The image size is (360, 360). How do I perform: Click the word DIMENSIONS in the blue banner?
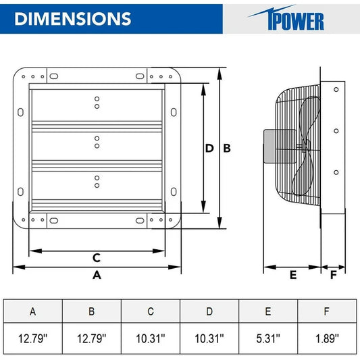tap(72, 18)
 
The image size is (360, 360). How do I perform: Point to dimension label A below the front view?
tap(97, 275)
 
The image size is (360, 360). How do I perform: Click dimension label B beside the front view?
tap(228, 148)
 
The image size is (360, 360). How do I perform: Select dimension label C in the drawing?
tap(97, 257)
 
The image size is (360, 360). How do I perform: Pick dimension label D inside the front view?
tap(209, 148)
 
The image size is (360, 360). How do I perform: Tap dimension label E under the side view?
tap(292, 275)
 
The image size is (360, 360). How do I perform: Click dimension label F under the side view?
tap(332, 275)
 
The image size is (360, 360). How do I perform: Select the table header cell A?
tap(33, 311)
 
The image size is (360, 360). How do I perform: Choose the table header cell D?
tap(209, 311)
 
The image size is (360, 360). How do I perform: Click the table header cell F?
tap(327, 311)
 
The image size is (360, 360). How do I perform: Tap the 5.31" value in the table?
tap(268, 338)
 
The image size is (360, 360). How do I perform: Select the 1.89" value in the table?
tap(327, 338)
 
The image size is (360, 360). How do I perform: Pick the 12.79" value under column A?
tap(33, 338)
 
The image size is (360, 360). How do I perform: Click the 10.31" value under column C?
tap(151, 338)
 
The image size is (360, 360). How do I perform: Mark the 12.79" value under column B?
tap(92, 338)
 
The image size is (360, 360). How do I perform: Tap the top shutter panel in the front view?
tap(97, 104)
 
